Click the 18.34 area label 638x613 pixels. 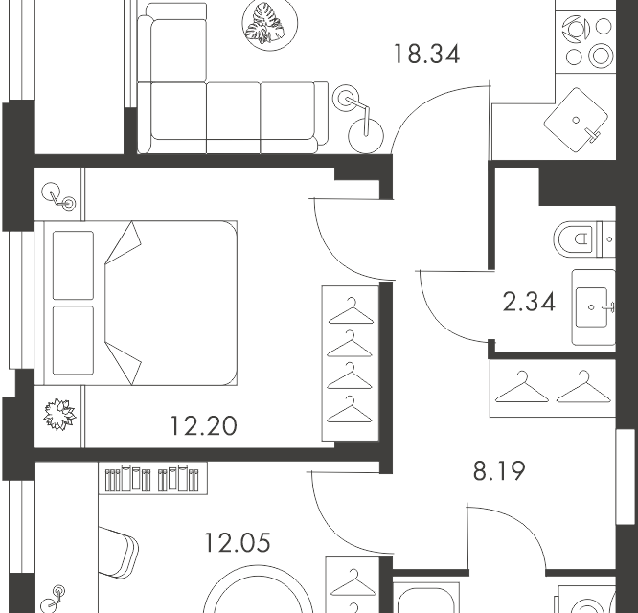click(427, 55)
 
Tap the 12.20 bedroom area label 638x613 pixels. click(203, 426)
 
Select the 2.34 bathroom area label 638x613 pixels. click(529, 303)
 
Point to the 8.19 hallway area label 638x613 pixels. click(499, 471)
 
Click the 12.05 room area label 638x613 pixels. click(238, 543)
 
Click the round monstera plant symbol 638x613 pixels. click(270, 24)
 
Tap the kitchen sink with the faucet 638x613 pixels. click(576, 120)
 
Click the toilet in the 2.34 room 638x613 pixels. click(584, 239)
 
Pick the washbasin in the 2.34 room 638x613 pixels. click(594, 307)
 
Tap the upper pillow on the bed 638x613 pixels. click(73, 265)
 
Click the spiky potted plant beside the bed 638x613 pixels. click(59, 414)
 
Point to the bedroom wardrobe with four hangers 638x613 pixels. click(351, 363)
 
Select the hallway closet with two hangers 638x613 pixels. click(553, 388)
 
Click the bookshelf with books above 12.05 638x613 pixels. click(153, 478)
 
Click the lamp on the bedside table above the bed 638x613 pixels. click(59, 196)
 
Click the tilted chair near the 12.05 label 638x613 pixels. click(118, 552)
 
